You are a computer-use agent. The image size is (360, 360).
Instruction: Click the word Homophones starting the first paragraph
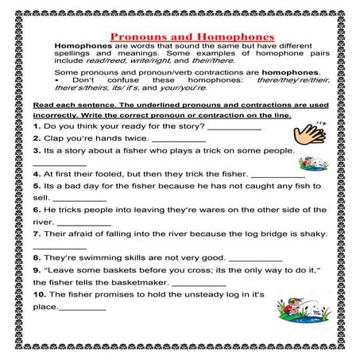82,46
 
